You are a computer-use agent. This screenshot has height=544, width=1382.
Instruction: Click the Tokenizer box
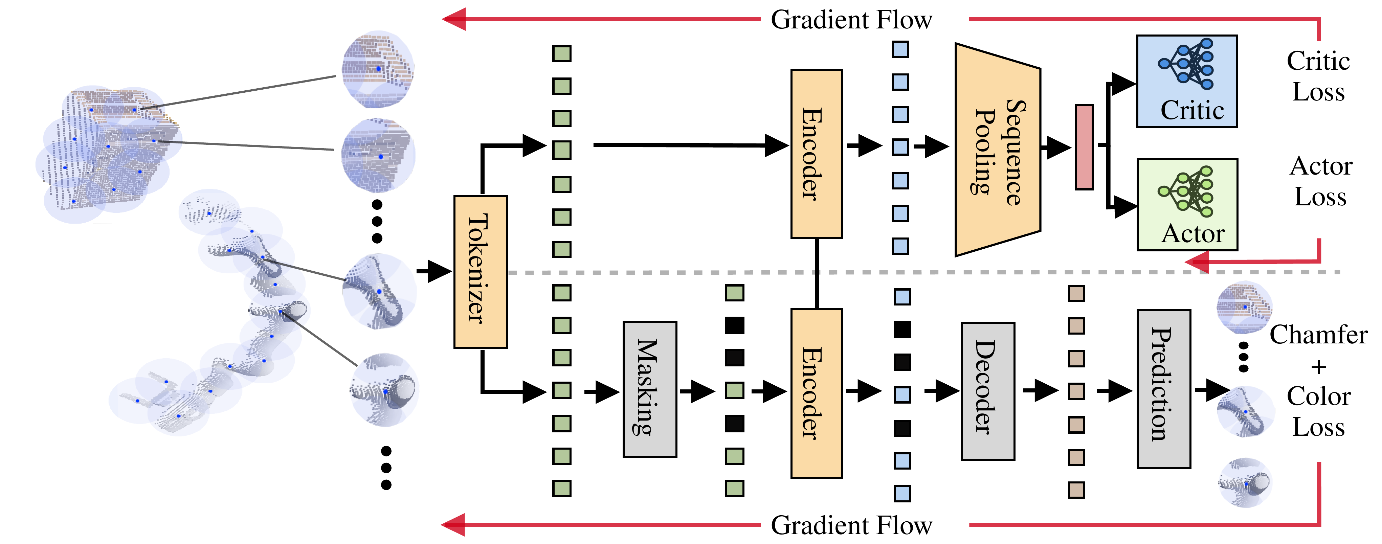coord(481,272)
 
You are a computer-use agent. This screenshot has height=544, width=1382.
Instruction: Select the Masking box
coord(650,389)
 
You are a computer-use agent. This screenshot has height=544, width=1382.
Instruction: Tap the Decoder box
coord(988,391)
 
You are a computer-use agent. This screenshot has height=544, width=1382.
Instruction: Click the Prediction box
coord(1164,389)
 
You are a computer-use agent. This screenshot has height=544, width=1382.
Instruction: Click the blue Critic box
coord(1187,81)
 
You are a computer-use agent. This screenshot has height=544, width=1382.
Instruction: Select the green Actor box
coord(1187,204)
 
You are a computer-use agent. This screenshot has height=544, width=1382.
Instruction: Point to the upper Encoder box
coord(817,154)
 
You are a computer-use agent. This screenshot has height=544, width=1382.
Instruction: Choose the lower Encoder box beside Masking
coord(817,393)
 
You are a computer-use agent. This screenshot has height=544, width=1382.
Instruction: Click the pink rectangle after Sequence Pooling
coord(1084,147)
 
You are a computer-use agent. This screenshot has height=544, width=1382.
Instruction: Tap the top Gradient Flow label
coord(851,20)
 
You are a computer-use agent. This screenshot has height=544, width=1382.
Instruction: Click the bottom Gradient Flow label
coord(851,525)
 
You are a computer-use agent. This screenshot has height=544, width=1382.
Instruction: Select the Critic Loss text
coord(1318,76)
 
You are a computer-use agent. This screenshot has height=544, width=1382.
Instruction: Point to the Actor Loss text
coord(1321,181)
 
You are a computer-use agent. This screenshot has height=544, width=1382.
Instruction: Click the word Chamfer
coord(1318,335)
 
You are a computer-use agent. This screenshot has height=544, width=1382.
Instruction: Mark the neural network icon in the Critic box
coord(1186,63)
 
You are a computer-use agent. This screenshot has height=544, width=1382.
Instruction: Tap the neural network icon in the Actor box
coord(1186,191)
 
